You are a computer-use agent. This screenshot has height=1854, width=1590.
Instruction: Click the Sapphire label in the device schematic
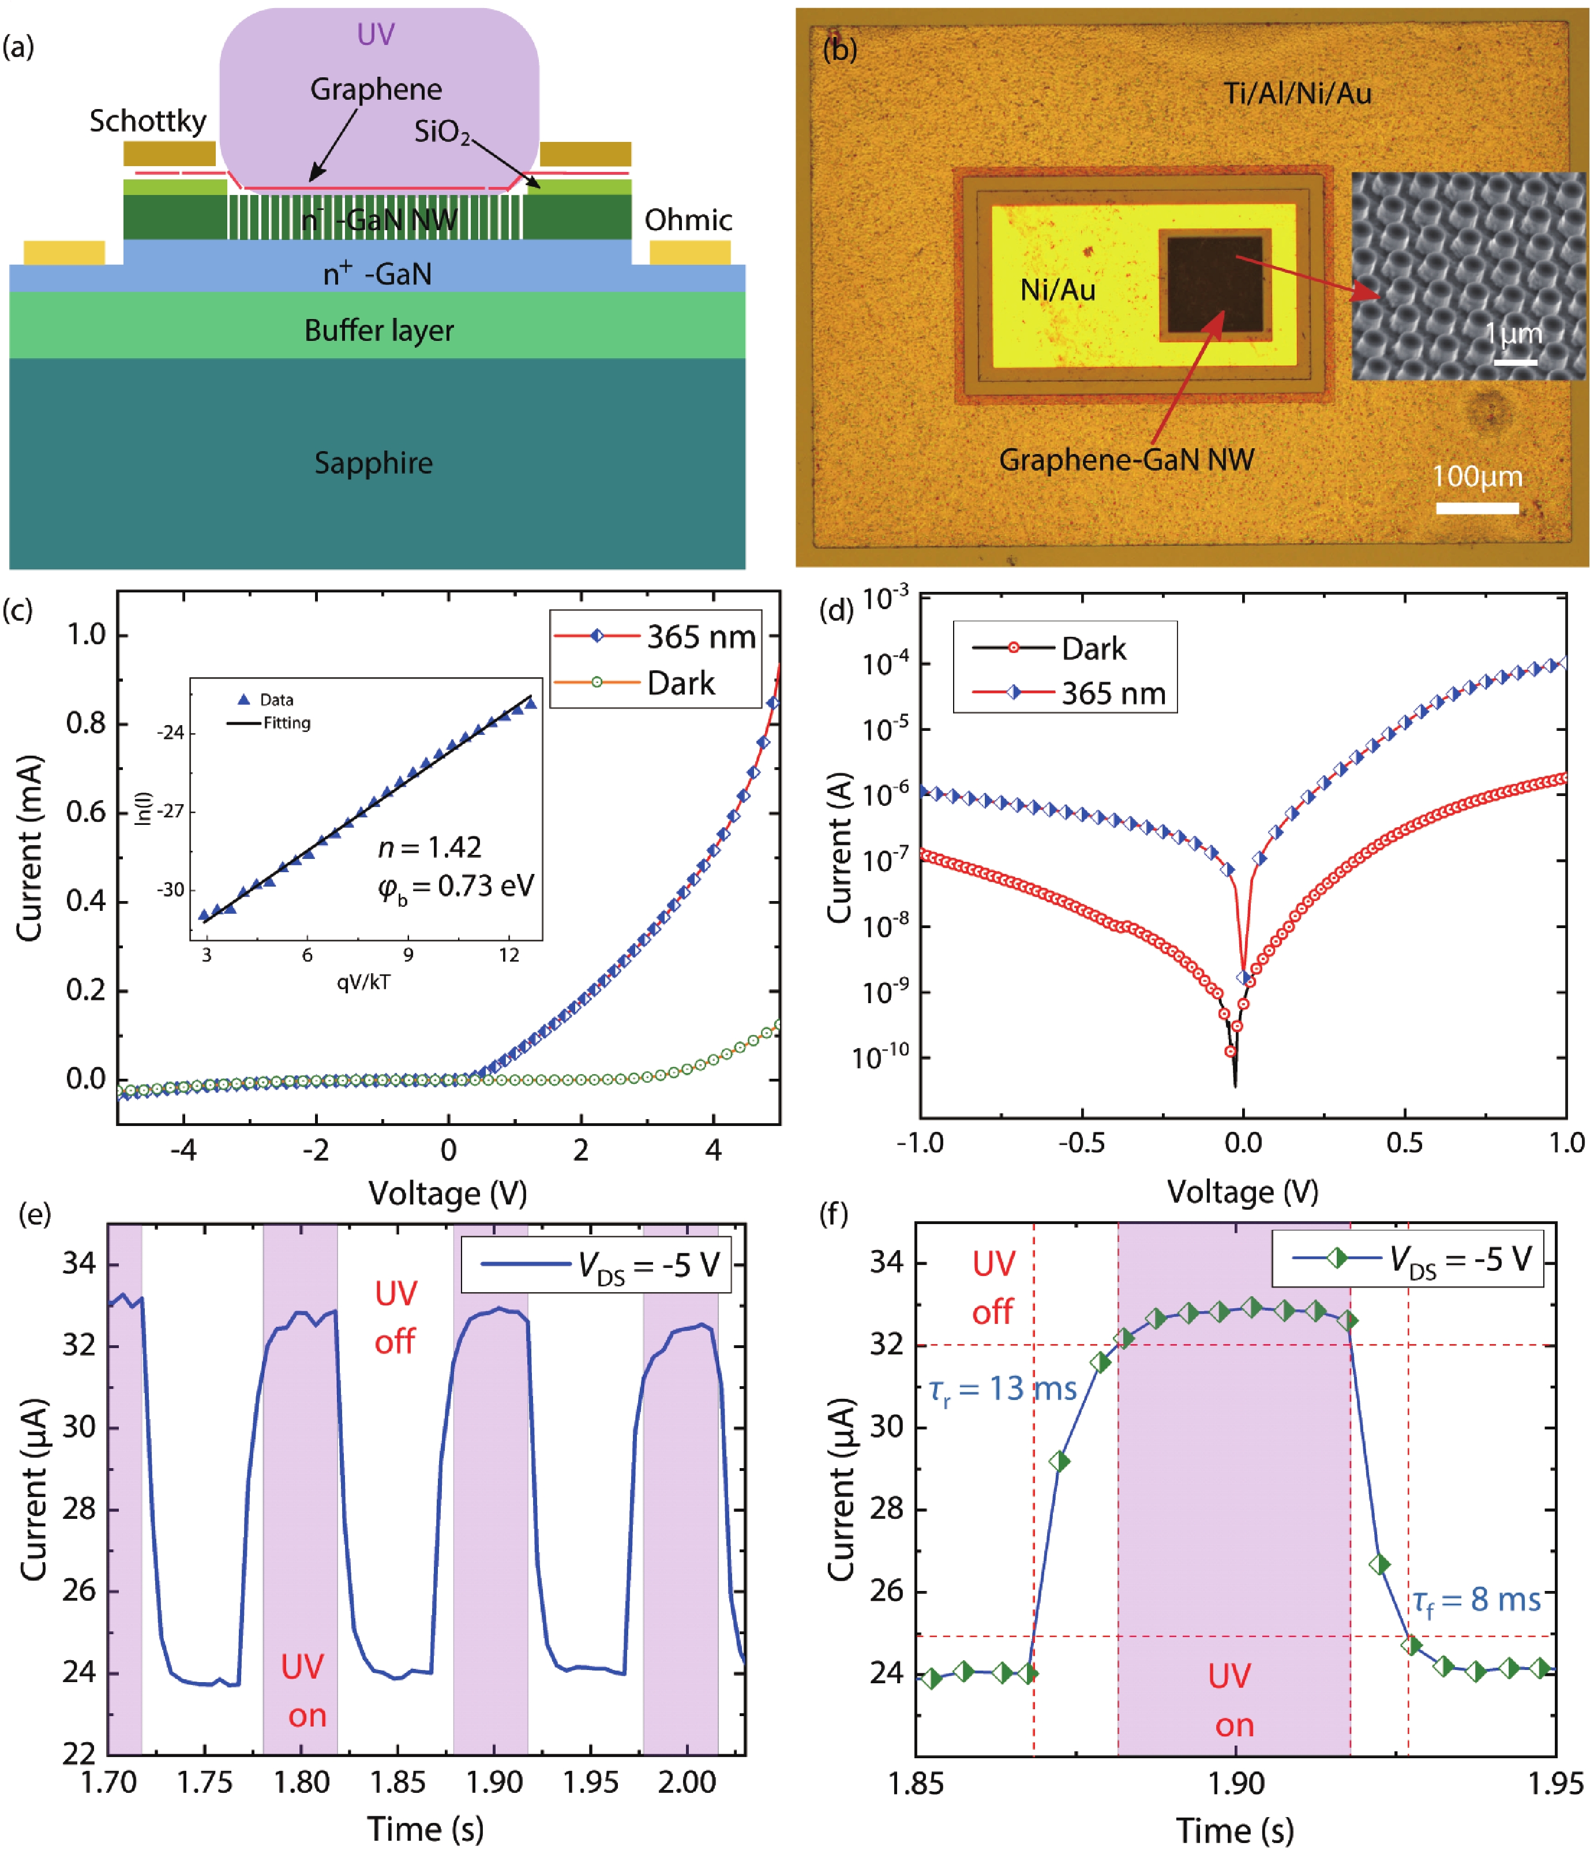point(373,463)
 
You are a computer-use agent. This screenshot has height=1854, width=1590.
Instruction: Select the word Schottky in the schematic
point(148,121)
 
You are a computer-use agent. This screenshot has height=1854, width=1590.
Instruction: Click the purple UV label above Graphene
point(375,34)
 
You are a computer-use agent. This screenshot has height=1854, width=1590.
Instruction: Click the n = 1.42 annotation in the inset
point(429,846)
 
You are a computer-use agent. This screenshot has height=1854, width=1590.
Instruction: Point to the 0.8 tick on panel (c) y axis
point(87,723)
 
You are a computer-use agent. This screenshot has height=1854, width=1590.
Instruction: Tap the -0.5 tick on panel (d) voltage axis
point(1081,1143)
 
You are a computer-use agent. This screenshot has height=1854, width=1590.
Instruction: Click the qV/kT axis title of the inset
point(363,982)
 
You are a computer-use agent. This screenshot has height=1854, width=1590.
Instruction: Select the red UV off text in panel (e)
point(396,1317)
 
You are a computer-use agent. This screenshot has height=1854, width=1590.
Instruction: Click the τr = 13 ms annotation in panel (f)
point(1002,1388)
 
